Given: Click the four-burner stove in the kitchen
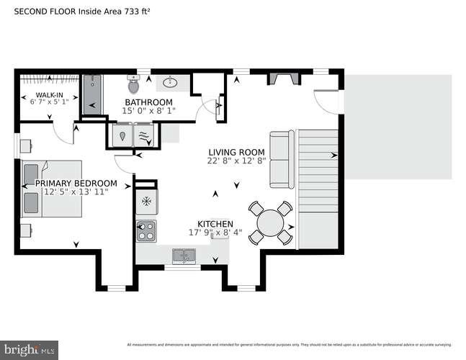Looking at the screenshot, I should coord(146,231).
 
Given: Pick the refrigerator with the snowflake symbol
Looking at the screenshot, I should coord(145,199).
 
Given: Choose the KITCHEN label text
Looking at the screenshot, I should coord(215,224).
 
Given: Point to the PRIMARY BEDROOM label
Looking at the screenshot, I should coord(76,183).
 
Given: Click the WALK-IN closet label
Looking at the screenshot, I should coord(49,95).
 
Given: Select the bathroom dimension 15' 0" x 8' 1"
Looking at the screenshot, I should coord(148,111).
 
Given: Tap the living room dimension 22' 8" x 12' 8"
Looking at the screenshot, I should coord(236,161).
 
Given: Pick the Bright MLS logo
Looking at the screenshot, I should coord(30,349).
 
